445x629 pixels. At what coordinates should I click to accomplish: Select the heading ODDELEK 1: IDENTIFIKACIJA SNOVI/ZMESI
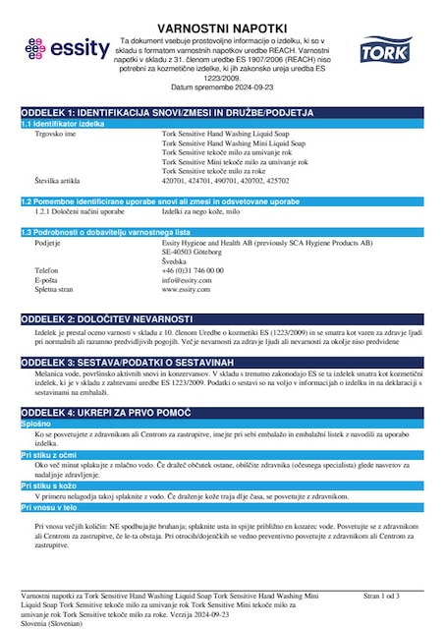pos(167,112)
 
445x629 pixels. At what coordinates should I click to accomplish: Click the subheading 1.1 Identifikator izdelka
pos(65,124)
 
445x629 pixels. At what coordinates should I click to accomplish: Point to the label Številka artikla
pos(62,181)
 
